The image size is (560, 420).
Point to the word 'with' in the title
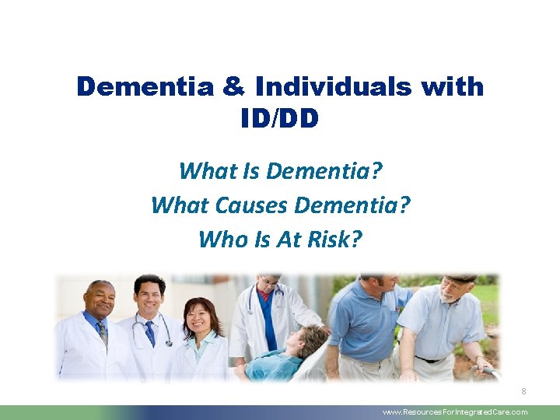pyautogui.click(x=451, y=86)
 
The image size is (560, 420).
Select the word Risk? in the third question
pyautogui.click(x=335, y=238)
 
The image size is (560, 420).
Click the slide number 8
pyautogui.click(x=523, y=391)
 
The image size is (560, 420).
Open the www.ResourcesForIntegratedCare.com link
pyautogui.click(x=455, y=412)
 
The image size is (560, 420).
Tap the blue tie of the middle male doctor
pyautogui.click(x=149, y=333)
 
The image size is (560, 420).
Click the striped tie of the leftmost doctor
pyautogui.click(x=102, y=333)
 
